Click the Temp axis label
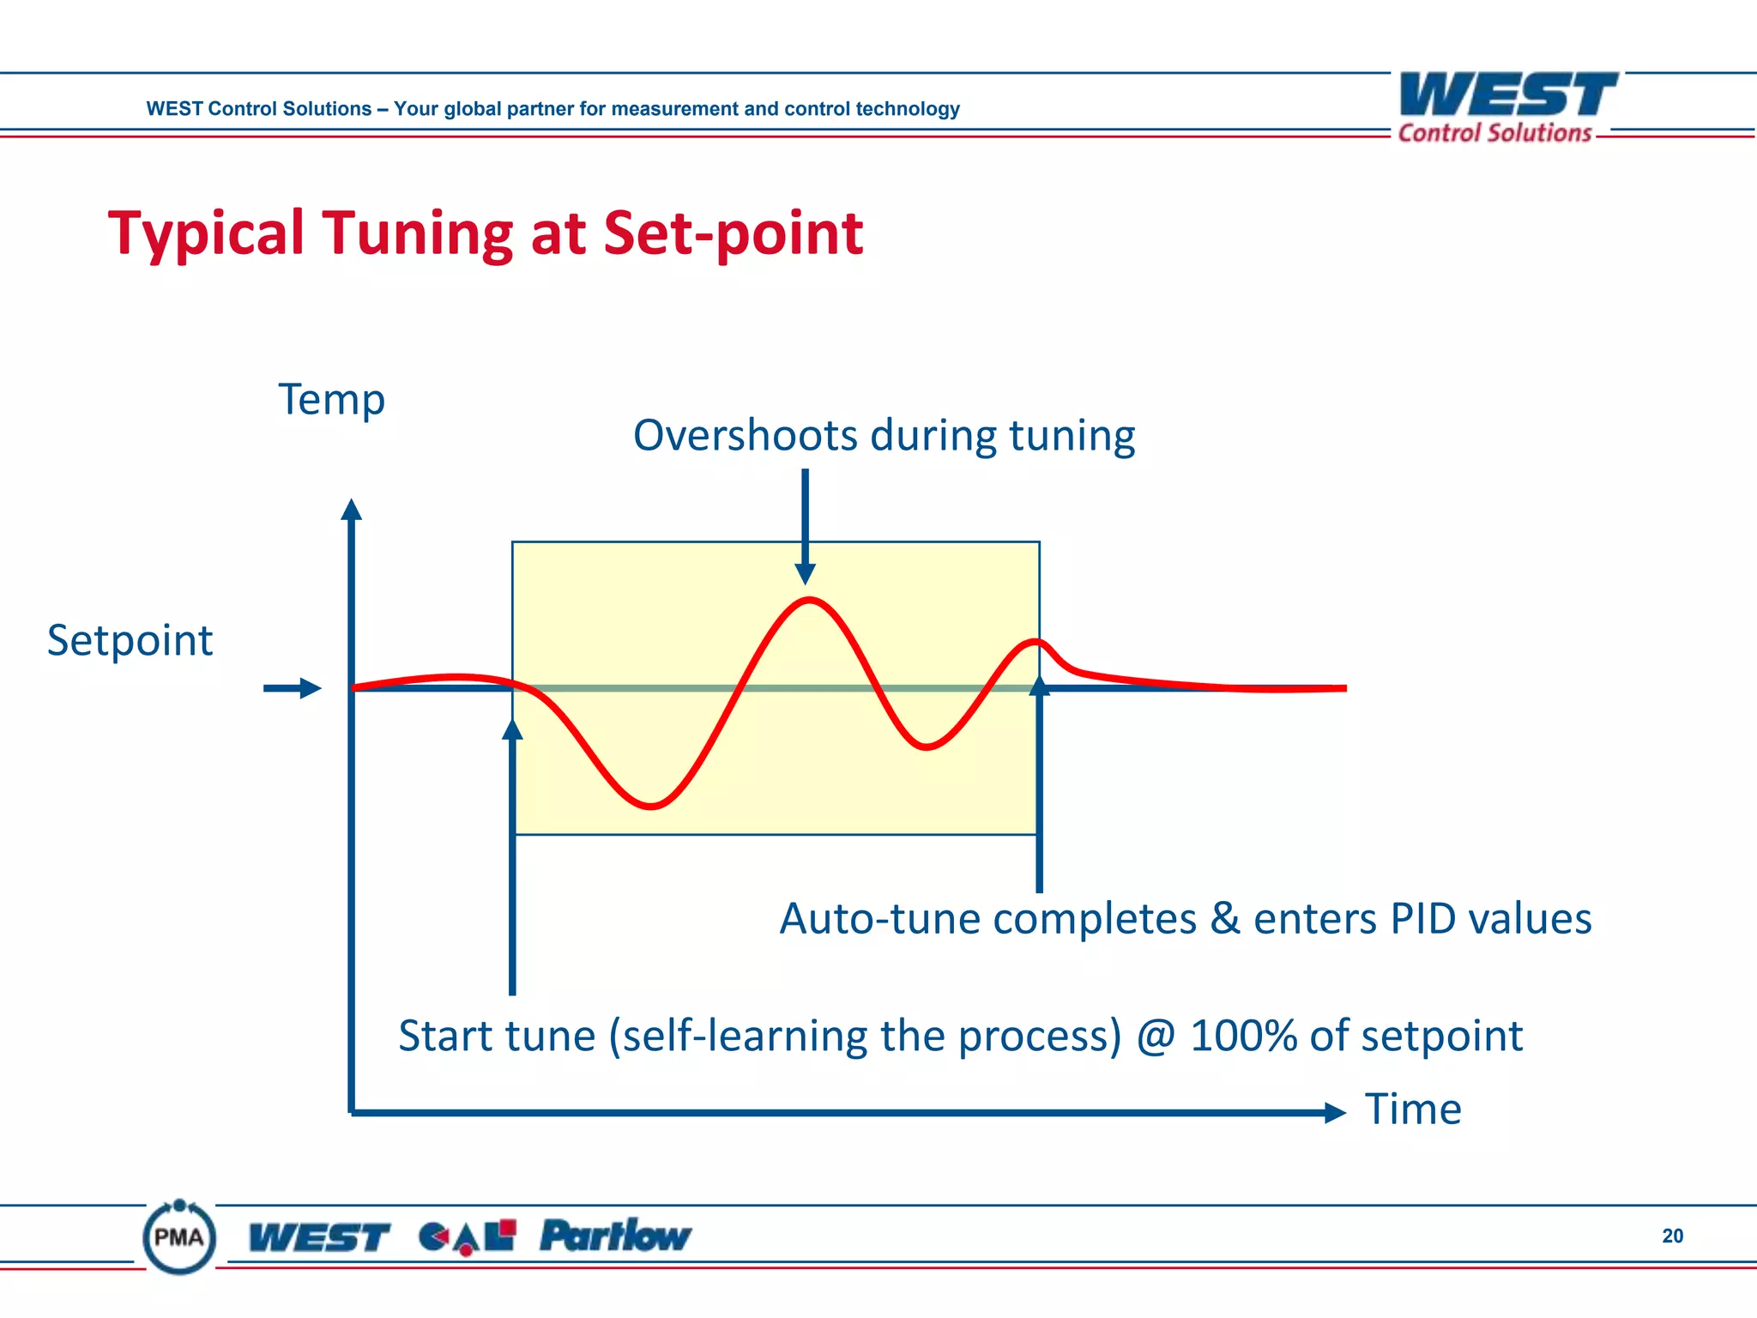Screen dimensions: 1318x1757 (x=331, y=400)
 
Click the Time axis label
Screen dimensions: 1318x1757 (x=1412, y=1109)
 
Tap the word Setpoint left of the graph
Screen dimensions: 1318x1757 (x=130, y=640)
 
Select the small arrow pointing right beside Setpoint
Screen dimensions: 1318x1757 (x=293, y=688)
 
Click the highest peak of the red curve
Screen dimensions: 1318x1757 (x=809, y=600)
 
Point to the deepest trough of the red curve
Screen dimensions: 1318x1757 (x=651, y=806)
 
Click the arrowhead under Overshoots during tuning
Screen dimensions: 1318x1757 (x=805, y=573)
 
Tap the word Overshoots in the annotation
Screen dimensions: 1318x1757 (x=745, y=435)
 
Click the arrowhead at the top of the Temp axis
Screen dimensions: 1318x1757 (x=351, y=510)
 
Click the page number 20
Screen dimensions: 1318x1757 (x=1672, y=1236)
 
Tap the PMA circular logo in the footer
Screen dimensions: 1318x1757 (x=179, y=1237)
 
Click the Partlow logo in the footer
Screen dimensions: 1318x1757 (x=614, y=1236)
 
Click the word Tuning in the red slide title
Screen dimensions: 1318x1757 (x=419, y=233)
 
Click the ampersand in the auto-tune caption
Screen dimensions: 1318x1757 (x=1225, y=918)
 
